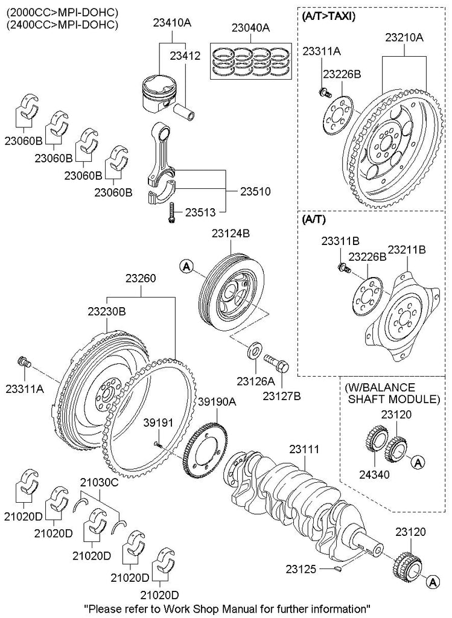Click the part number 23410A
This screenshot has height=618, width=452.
171,24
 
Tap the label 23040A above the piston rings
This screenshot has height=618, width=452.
250,28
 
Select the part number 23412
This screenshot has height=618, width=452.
184,56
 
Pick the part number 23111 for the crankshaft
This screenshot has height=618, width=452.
304,450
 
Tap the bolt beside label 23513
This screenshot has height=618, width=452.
173,212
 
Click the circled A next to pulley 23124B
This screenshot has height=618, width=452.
186,265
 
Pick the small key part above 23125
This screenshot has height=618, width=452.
341,567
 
